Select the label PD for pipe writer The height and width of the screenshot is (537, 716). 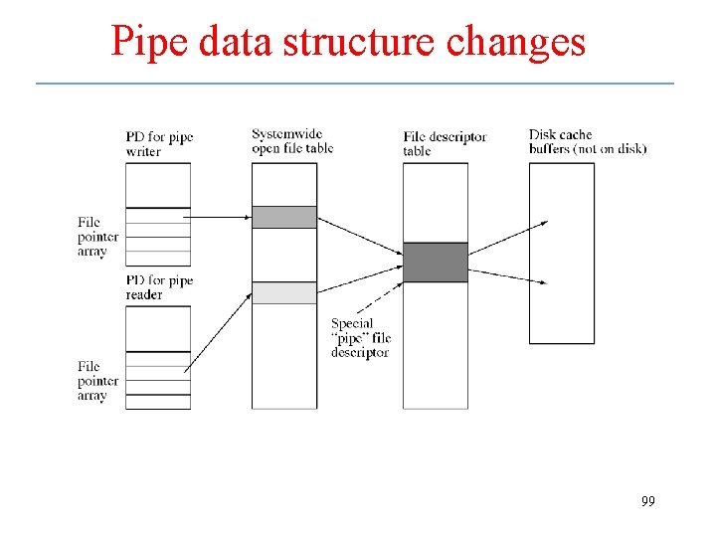pyautogui.click(x=158, y=144)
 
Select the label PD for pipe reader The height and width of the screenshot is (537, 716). pyautogui.click(x=159, y=287)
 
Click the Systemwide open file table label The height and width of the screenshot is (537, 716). pyautogui.click(x=291, y=141)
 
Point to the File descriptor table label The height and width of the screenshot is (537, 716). pyautogui.click(x=445, y=143)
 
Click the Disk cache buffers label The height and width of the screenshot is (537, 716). pyautogui.click(x=587, y=141)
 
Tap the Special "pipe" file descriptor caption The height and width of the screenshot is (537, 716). pyautogui.click(x=360, y=338)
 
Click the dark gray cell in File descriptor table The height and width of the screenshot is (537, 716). pyautogui.click(x=435, y=263)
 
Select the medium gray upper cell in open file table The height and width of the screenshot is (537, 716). pyautogui.click(x=283, y=217)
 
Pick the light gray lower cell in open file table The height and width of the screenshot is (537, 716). pyautogui.click(x=283, y=292)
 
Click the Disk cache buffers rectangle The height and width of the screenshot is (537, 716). pyautogui.click(x=561, y=253)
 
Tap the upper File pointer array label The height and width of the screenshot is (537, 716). pyautogui.click(x=97, y=237)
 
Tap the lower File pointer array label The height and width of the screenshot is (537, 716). pyautogui.click(x=97, y=381)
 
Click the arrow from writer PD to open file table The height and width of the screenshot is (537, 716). pyautogui.click(x=220, y=216)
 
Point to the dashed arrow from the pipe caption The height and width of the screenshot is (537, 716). pyautogui.click(x=382, y=299)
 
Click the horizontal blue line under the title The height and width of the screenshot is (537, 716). pyautogui.click(x=354, y=84)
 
